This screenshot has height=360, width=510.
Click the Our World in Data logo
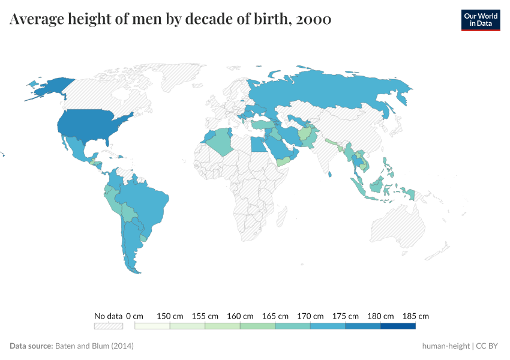480,20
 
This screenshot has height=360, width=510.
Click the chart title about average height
170,20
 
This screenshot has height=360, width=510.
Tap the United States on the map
90,126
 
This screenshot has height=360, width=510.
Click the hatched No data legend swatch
108,326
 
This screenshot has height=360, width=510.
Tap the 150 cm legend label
170,316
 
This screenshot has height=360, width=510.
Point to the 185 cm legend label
416,316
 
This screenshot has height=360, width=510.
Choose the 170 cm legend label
310,316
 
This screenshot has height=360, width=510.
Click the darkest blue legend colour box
398,326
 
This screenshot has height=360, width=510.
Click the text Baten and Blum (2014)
94,346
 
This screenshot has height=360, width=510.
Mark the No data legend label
108,316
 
